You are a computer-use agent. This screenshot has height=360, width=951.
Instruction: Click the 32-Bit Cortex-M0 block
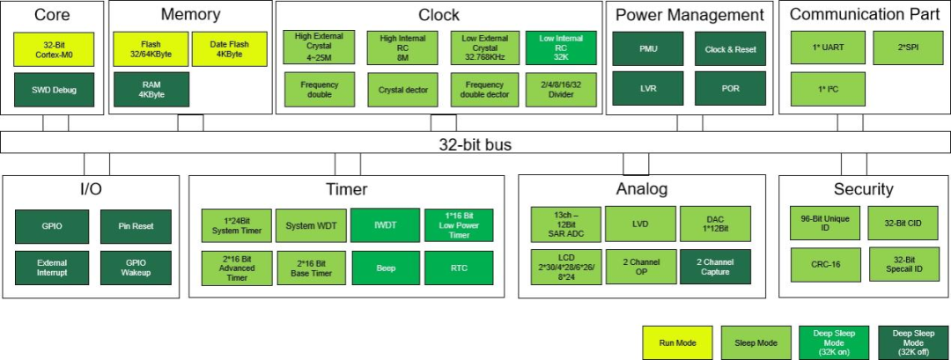(x=54, y=49)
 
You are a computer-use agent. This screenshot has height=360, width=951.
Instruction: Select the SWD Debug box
(x=54, y=90)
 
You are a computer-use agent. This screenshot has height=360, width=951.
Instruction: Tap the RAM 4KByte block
(x=151, y=90)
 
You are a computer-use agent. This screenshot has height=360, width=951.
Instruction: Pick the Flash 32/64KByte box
(x=151, y=49)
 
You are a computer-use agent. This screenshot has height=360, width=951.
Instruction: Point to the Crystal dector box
(x=402, y=91)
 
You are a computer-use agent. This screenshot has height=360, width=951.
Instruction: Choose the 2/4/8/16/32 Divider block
(x=561, y=91)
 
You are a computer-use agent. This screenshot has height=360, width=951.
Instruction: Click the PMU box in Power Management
(x=648, y=48)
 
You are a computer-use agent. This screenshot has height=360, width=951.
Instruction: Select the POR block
(x=730, y=89)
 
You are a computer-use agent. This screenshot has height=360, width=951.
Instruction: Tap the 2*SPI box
(x=909, y=48)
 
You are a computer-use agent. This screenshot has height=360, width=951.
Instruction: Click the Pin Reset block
(x=136, y=227)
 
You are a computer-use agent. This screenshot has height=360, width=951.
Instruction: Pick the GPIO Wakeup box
(x=136, y=268)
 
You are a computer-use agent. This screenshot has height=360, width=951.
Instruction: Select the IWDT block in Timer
(x=385, y=225)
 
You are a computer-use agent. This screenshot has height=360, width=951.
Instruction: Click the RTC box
(x=459, y=268)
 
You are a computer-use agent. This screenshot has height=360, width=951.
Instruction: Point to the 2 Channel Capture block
(x=715, y=267)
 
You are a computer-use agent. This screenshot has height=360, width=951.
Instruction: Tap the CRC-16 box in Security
(x=825, y=264)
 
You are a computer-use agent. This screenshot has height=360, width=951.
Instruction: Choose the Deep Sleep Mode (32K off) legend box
(x=913, y=343)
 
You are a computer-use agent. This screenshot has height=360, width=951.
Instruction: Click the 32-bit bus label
(x=475, y=145)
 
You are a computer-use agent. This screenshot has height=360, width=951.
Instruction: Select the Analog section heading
(x=642, y=189)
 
